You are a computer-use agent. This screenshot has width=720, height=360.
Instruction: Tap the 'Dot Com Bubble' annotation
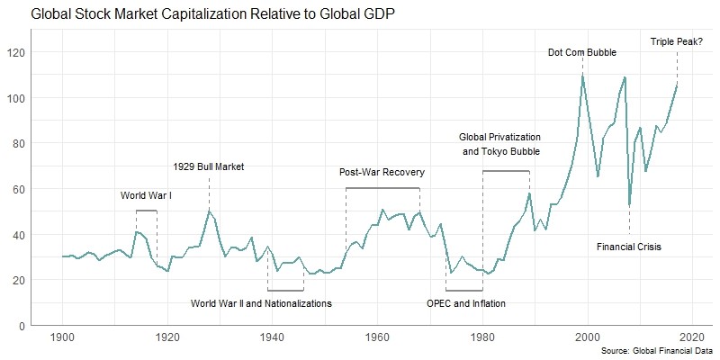tap(582, 52)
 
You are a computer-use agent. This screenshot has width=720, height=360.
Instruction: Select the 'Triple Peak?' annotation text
tap(677, 40)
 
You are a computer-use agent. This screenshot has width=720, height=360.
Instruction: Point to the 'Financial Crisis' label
tap(629, 247)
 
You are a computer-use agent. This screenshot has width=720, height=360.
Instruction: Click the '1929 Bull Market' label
tap(209, 166)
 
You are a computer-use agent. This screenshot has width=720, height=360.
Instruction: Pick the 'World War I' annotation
tap(146, 194)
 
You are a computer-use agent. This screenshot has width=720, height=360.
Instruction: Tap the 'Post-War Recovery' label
tap(382, 172)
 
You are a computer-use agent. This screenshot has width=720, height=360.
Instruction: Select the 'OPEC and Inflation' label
tap(466, 303)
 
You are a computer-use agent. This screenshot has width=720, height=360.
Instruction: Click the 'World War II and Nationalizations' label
tap(262, 303)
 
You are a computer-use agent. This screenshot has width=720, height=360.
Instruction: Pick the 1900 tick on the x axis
tap(63, 337)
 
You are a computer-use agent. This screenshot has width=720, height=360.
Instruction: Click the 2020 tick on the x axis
tap(692, 337)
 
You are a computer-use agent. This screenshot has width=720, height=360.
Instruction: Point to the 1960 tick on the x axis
tap(377, 337)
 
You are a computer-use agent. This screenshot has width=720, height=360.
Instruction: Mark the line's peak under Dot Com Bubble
tap(582, 75)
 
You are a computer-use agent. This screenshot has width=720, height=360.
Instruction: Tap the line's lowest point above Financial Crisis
tap(629, 206)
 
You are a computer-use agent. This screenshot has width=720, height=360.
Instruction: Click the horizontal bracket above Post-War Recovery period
tap(382, 188)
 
